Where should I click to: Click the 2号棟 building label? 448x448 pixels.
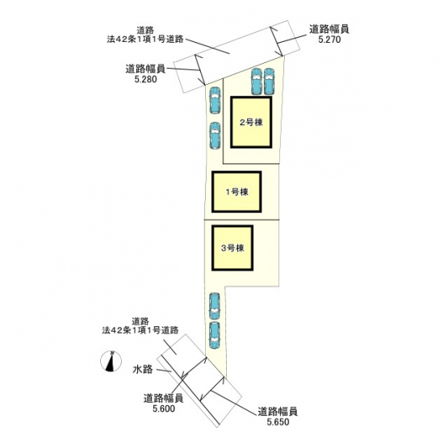pos(251,122)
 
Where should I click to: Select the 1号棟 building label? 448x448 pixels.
pos(237,192)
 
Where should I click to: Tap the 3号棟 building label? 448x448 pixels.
pos(232,248)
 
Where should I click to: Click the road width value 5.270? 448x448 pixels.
pos(329,40)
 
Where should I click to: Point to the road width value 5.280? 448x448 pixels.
pos(146,79)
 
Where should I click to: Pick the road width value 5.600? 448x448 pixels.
pos(164,408)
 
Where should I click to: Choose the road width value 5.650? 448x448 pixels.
pos(278,421)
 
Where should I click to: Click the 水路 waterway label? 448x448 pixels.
pos(143,370)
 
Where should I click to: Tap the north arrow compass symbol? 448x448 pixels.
pos(111,361)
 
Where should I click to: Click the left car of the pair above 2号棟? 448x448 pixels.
pos(257,82)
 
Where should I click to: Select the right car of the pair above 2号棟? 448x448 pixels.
pos(269,82)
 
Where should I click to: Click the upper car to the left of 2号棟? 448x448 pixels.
pos(215,100)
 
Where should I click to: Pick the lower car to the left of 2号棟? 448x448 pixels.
pos(215,136)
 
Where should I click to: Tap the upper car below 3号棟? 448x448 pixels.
pos(215,306)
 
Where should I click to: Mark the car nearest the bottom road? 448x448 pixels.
pos(215,336)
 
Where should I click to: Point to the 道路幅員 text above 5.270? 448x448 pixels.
pos(329,29)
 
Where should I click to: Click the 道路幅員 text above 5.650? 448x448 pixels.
pos(278,412)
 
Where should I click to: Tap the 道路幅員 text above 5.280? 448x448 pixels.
pos(145,69)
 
